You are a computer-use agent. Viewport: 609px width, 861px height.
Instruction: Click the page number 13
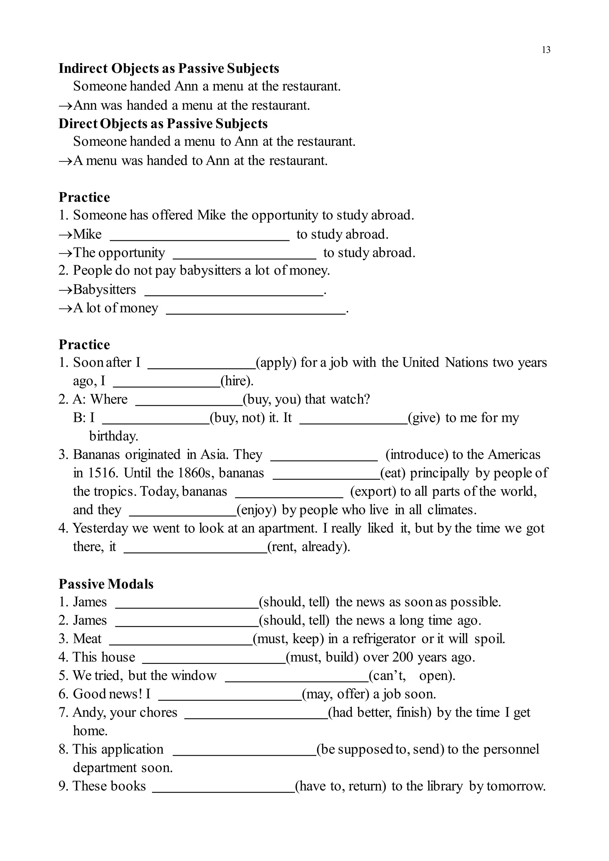pos(546,50)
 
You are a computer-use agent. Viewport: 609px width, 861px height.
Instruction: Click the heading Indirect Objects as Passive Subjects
pos(169,68)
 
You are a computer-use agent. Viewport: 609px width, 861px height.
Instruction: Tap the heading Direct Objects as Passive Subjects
pos(163,123)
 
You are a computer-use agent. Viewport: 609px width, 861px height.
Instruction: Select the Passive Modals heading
pos(106,584)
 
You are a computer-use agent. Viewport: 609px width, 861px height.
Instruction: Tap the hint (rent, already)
pos(309,546)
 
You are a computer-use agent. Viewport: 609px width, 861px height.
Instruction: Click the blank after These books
pos(224,788)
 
